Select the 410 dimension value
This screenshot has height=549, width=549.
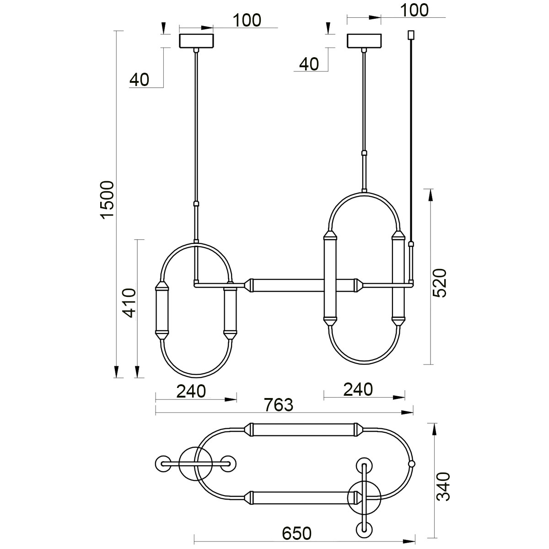129,303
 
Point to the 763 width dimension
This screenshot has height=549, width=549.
278,404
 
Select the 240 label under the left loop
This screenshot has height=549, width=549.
192,391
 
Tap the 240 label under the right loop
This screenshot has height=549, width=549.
358,389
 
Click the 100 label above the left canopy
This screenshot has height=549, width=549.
247,20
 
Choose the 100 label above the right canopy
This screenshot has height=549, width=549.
414,10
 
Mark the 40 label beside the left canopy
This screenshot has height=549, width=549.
139,80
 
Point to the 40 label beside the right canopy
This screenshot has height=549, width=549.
309,64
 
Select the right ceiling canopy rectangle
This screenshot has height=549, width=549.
364,40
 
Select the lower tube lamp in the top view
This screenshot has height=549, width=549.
299,497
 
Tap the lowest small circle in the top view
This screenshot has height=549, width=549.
364,530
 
